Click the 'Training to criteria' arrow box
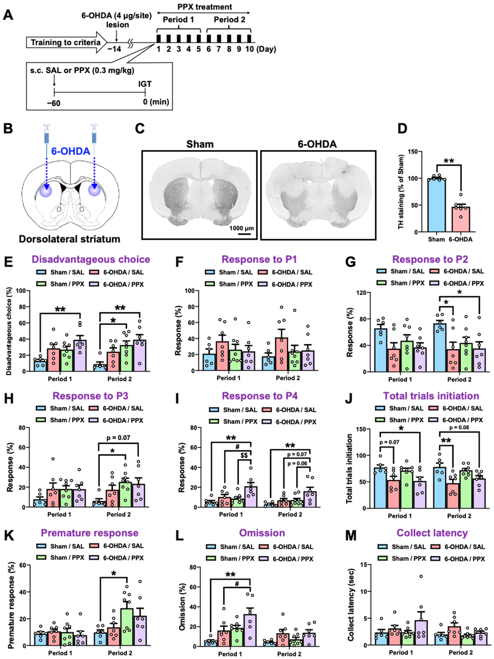click(66, 42)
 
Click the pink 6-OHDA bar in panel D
click(461, 219)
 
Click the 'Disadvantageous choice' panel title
click(91, 259)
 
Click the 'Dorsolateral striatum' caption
click(70, 239)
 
